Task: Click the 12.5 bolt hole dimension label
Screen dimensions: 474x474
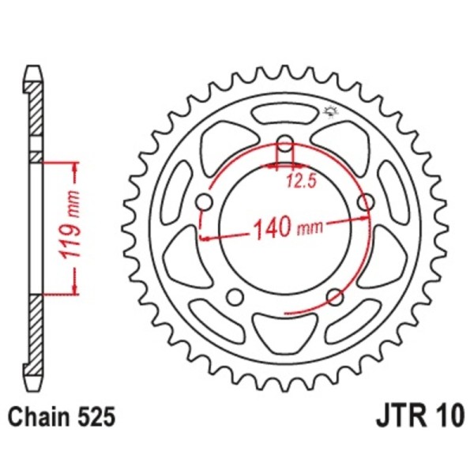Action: (301, 182)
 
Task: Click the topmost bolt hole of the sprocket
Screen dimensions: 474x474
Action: (285, 147)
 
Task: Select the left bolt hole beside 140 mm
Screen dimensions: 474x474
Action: (205, 203)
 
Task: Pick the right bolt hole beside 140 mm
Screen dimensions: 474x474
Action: (365, 203)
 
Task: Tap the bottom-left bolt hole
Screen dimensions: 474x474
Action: (235, 297)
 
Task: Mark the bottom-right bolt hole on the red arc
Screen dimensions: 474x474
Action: (335, 297)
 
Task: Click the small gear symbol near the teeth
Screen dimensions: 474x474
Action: (331, 111)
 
